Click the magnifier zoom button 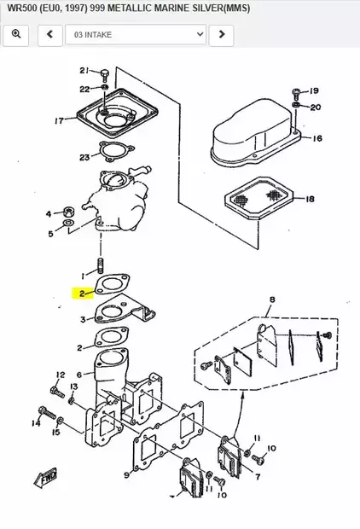[x=15, y=34]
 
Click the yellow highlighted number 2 [x=81, y=293]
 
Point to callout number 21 [x=84, y=70]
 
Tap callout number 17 [x=60, y=121]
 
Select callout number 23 [x=84, y=157]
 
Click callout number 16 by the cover [x=316, y=138]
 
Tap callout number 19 [x=313, y=90]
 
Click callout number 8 [x=272, y=300]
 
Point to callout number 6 [x=78, y=374]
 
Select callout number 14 [x=38, y=421]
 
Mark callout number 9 [x=126, y=475]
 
